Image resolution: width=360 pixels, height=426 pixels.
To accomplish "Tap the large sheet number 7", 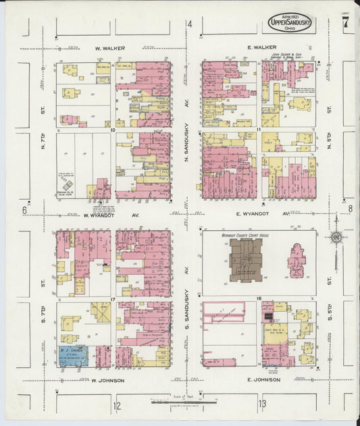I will point(346,22).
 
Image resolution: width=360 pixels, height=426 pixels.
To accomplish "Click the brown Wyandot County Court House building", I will point(246,259).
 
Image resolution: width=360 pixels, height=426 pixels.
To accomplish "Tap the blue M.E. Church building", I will point(73,355).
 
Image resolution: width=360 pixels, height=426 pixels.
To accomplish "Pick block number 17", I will point(113,298).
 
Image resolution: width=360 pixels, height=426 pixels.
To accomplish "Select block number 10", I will point(113,128).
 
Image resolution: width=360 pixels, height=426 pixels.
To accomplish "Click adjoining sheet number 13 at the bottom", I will point(261,404).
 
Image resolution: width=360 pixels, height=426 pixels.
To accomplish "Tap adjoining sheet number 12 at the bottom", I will point(117,405).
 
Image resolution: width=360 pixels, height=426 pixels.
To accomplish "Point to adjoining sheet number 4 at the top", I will point(190,25).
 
